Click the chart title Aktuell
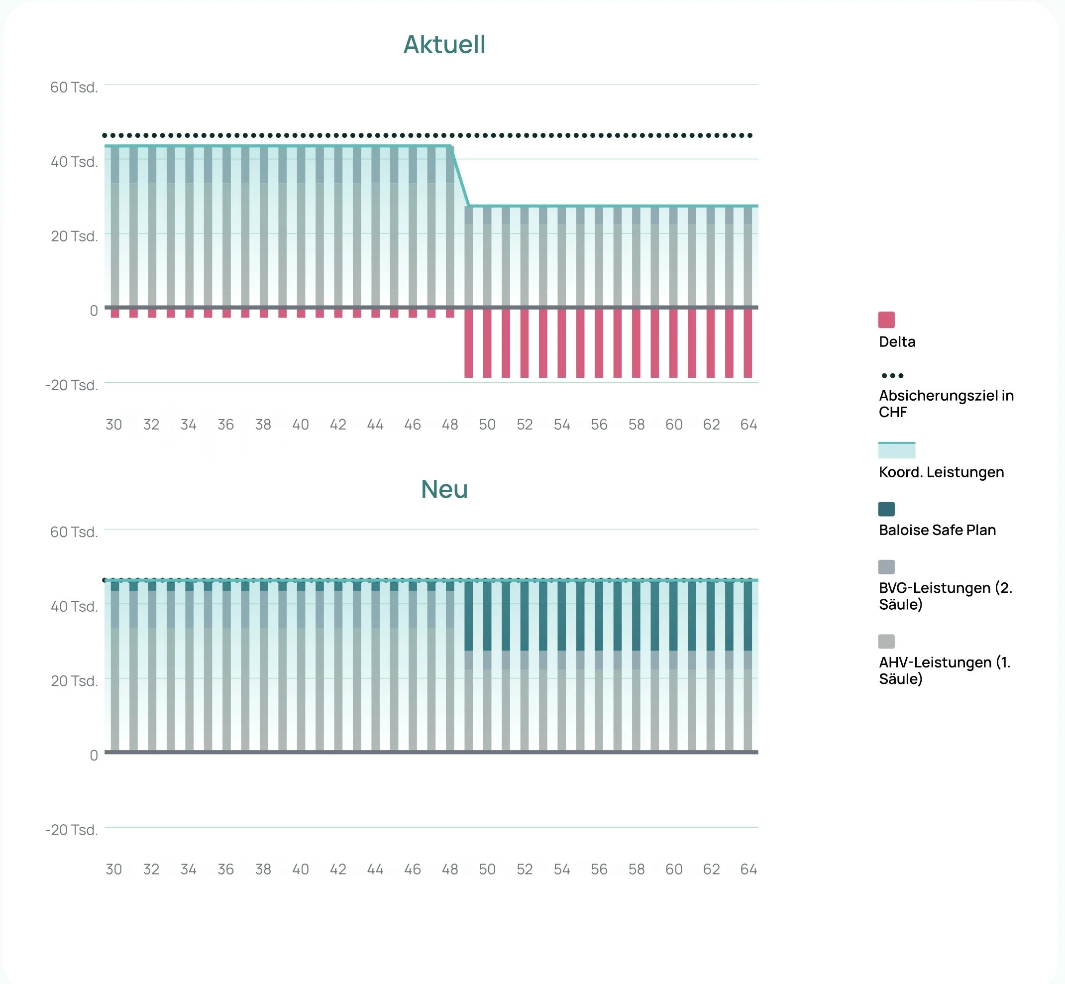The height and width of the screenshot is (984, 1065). click(x=444, y=44)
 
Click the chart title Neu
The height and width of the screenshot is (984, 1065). click(x=444, y=489)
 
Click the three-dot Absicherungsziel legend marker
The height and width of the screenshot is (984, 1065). click(x=892, y=375)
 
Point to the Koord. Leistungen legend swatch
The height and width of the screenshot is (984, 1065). click(x=897, y=450)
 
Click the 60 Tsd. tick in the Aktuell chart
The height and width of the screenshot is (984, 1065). click(x=74, y=87)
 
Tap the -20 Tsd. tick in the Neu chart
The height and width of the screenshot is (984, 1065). click(x=72, y=830)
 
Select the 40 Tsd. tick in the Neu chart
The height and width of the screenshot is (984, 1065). click(x=74, y=607)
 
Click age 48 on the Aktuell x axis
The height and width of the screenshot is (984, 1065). click(x=450, y=425)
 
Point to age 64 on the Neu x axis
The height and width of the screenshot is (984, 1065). click(x=748, y=869)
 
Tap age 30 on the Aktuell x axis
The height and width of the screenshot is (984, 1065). click(x=114, y=425)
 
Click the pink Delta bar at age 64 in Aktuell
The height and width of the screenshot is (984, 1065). click(x=748, y=343)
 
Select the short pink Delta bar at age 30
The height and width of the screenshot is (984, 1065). click(x=115, y=314)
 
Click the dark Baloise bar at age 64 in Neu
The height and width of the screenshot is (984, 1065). click(x=748, y=616)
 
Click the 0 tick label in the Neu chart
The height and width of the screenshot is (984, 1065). click(x=94, y=755)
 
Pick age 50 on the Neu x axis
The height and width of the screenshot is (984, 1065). click(x=487, y=869)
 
